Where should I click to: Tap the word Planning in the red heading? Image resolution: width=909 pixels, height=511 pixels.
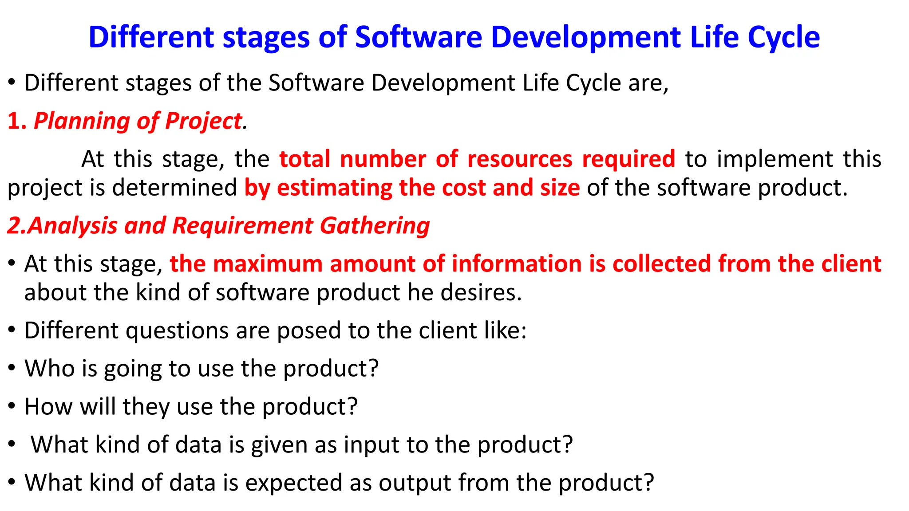click(x=81, y=121)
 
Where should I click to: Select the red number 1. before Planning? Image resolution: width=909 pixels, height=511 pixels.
click(x=17, y=121)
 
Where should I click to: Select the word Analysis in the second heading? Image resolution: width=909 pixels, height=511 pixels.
click(x=73, y=226)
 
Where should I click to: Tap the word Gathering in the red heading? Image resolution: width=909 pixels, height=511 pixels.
click(x=375, y=226)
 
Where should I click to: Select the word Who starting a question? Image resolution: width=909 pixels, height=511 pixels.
click(x=49, y=369)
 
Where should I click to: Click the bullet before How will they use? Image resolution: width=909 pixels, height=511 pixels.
click(x=12, y=406)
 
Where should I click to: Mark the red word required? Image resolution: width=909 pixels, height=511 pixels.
click(x=628, y=159)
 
